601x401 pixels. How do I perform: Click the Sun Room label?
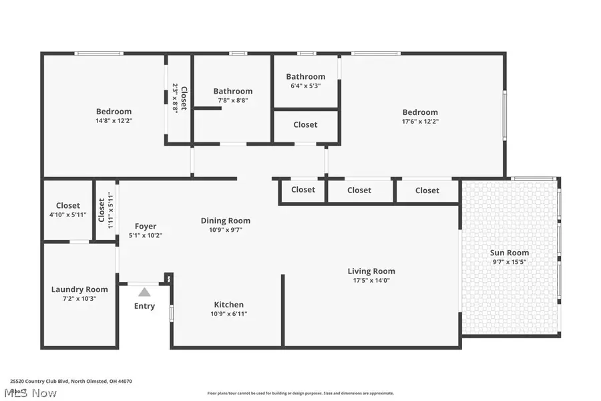tap(510, 253)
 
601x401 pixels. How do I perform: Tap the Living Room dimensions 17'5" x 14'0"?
tap(371, 281)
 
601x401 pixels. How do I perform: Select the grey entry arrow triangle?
tap(144, 291)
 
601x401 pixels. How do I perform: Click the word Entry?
tap(144, 306)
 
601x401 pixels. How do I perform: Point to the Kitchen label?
tap(228, 305)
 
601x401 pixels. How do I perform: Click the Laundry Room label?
tap(79, 289)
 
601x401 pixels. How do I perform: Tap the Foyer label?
tap(146, 226)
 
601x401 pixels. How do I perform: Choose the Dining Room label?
tap(226, 221)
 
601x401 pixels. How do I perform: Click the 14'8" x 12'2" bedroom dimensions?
tap(114, 122)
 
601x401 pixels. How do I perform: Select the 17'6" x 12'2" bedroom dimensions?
tap(420, 122)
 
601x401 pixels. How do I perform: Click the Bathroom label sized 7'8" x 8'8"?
tap(233, 91)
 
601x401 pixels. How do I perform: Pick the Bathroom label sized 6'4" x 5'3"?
tap(306, 77)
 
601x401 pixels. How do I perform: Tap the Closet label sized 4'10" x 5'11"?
tap(68, 206)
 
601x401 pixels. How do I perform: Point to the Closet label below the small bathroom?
tap(306, 124)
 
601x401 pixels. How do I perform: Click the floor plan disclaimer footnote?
tap(300, 393)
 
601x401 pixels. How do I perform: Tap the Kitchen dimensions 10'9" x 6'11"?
tap(228, 313)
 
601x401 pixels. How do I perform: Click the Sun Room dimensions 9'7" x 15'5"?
tap(510, 263)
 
